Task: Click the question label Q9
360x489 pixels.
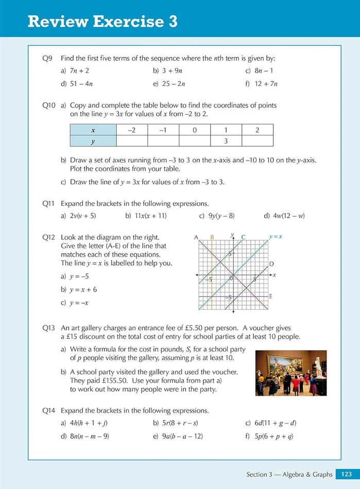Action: click(47, 59)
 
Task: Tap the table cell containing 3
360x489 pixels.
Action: click(226, 141)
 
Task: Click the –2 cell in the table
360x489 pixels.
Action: click(132, 130)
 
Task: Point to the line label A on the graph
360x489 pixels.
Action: click(196, 237)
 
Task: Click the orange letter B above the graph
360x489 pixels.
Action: click(212, 237)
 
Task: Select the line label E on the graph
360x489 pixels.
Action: click(271, 296)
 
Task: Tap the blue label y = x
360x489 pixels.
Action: click(276, 237)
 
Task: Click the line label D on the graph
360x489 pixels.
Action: click(271, 264)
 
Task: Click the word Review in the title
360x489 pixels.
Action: click(57, 22)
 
